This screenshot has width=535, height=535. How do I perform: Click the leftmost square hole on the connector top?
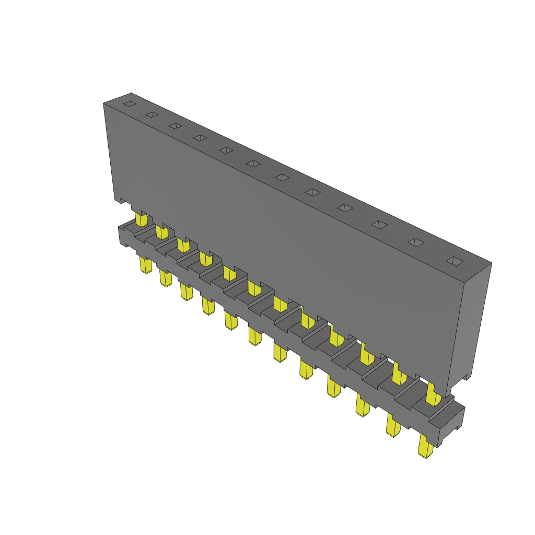point(129,104)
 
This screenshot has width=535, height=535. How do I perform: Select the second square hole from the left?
point(152,114)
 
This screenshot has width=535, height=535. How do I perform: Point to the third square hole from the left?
point(175,126)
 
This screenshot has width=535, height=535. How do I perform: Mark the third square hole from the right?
point(379,224)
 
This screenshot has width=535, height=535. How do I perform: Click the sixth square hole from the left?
point(253,164)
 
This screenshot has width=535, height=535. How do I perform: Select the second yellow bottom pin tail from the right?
point(393,425)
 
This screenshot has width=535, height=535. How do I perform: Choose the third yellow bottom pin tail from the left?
point(186,291)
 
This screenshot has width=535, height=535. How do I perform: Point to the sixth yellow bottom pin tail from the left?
point(254,335)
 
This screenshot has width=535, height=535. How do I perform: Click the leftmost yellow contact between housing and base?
point(140,218)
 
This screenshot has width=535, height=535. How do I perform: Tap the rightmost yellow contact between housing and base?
point(433,394)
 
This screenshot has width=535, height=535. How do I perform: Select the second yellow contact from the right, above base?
point(399,373)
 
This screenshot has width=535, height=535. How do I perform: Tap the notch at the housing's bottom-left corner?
point(119,200)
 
